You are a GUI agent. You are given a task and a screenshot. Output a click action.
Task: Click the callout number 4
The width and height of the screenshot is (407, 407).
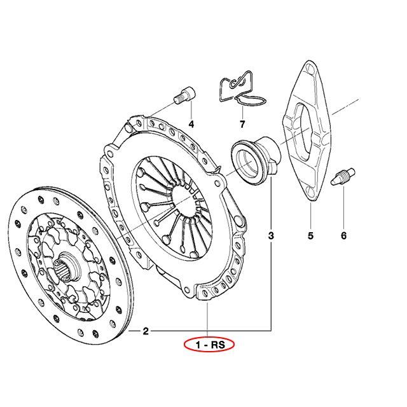[191, 125]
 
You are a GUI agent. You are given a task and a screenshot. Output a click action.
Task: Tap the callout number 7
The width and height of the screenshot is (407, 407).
[242, 125]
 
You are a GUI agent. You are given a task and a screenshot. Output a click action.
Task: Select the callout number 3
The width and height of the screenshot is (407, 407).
[271, 236]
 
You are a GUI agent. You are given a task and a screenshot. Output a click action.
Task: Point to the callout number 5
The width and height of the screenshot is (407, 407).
[311, 236]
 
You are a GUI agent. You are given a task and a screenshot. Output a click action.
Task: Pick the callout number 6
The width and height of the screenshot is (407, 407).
[343, 236]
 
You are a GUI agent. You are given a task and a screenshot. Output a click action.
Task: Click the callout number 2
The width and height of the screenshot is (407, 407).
[146, 331]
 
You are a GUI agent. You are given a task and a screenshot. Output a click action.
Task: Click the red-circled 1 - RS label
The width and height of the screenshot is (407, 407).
[209, 345]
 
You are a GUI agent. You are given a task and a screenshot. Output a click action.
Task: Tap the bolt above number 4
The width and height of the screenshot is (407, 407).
[184, 95]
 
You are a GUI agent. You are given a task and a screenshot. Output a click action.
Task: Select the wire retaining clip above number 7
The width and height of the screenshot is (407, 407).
[242, 88]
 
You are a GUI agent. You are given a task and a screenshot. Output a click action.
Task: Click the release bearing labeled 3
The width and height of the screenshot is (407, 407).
[256, 160]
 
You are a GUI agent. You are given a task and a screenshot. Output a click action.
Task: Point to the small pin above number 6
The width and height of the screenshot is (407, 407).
[343, 177]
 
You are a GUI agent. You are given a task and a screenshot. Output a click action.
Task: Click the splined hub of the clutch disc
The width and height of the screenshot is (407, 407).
[66, 268]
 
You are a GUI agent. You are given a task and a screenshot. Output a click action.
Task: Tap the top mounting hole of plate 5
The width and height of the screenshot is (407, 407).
[309, 68]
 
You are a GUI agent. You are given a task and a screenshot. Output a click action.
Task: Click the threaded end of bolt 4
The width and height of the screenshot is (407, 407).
[178, 100]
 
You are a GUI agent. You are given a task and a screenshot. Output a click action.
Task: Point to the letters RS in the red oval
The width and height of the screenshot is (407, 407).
[217, 345]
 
